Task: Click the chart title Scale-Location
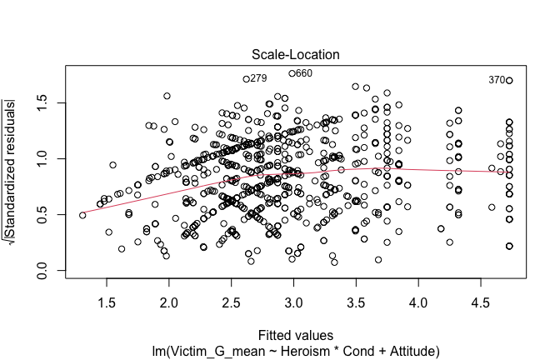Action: click(x=294, y=55)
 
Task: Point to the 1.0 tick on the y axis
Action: click(x=52, y=158)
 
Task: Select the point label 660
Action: click(x=304, y=73)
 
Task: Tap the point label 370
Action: click(x=497, y=80)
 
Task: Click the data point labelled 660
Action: click(x=292, y=73)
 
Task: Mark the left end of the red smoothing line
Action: click(x=82, y=214)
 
